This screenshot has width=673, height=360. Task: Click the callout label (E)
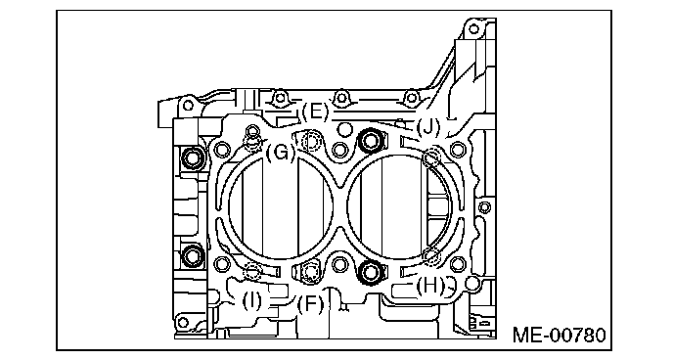coord(315,112)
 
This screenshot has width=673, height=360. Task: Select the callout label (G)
coord(281,153)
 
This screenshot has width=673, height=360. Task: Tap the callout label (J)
coord(428,126)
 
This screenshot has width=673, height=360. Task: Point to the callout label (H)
coord(430,286)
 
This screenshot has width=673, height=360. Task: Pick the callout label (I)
coord(251,300)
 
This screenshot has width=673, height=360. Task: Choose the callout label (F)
coord(310,304)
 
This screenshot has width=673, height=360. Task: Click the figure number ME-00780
coord(560,335)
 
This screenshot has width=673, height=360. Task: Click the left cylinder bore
coord(280,207)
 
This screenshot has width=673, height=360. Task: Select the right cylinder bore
coord(398,207)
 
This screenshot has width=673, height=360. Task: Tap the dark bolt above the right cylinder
coord(370,141)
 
